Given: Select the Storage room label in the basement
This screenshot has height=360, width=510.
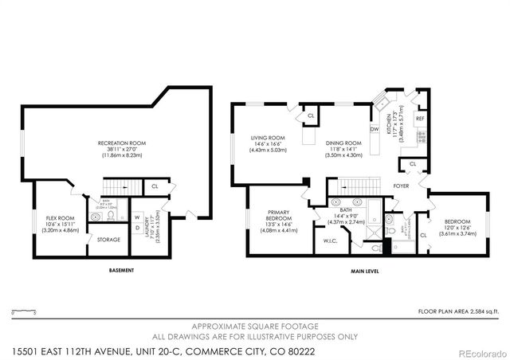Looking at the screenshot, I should (108, 240).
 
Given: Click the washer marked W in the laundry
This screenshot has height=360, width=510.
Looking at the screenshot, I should (136, 216).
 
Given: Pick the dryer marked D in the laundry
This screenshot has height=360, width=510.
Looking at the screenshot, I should (136, 229).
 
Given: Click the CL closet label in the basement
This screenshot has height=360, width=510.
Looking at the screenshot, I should (154, 187).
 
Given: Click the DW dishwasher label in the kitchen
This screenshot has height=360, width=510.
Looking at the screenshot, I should (375, 129).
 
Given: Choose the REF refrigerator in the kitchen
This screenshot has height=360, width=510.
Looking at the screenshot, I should (420, 119).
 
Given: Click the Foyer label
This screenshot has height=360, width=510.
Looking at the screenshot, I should (402, 186).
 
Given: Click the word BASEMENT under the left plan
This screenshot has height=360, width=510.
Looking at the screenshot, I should (122, 271).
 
